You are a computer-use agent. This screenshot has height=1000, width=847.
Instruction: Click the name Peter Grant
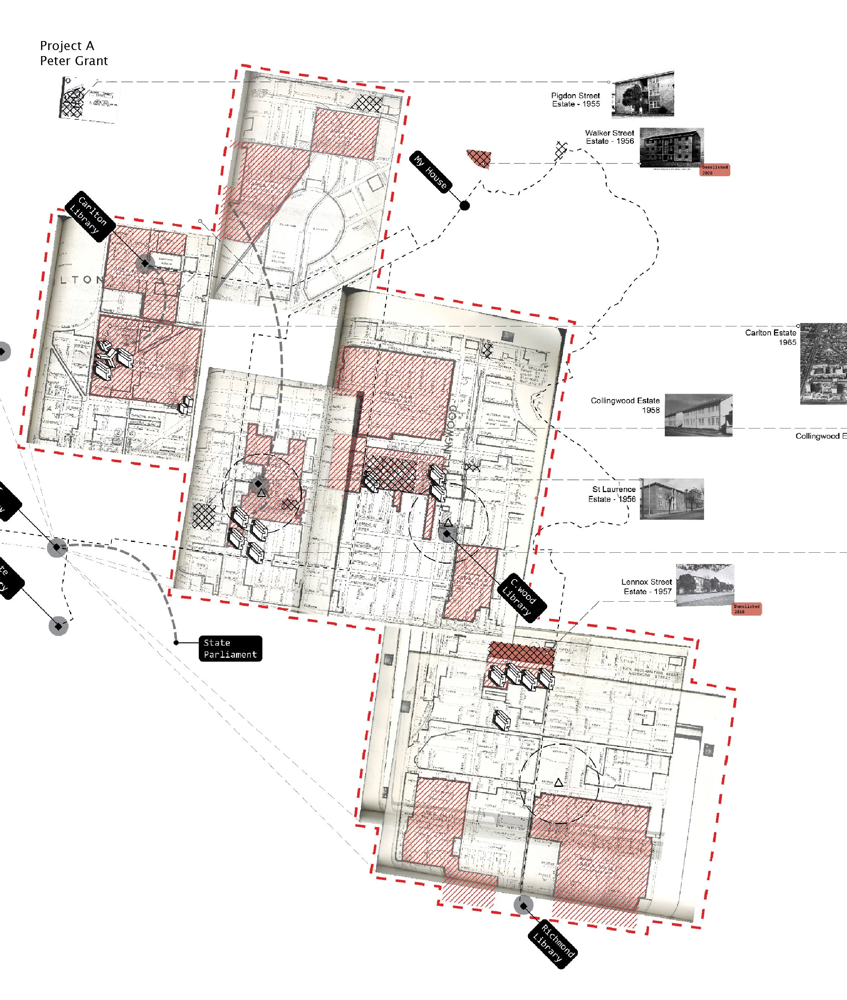tap(73, 61)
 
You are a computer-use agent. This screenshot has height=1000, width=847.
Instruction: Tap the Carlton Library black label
tap(89, 216)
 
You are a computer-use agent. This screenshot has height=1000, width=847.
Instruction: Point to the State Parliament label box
tap(230, 648)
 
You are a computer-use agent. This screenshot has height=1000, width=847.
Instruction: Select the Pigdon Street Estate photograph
tap(643, 94)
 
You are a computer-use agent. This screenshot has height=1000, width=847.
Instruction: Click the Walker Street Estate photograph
tap(671, 148)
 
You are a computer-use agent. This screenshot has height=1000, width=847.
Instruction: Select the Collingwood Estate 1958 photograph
tap(698, 415)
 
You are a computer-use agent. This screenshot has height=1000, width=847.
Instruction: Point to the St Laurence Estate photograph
tap(671, 498)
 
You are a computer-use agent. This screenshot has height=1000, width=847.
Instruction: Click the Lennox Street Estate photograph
tap(704, 585)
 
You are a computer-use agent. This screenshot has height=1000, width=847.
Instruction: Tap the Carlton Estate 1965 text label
tap(771, 337)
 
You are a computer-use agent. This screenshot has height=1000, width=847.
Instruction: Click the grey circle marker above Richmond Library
tap(523, 906)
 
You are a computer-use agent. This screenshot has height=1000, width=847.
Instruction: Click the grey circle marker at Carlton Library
tap(145, 263)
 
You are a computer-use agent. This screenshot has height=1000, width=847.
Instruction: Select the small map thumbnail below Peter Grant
tap(89, 99)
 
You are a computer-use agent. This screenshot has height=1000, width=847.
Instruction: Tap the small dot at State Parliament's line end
tap(176, 642)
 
